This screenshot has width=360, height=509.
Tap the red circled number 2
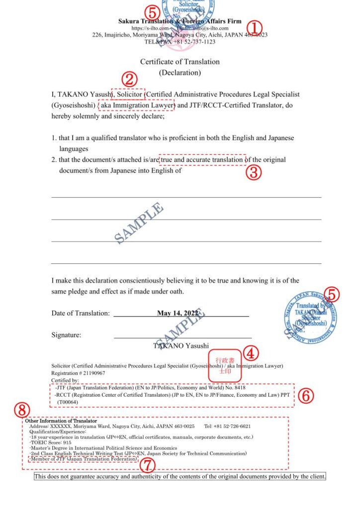[130, 79]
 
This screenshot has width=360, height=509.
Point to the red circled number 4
[252, 353]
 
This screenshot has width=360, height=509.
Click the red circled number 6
[307, 395]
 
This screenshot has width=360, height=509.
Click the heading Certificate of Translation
[180, 62]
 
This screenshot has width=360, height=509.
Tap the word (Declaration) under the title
[180, 73]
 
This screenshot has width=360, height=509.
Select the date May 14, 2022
[178, 313]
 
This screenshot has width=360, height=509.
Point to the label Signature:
[66, 335]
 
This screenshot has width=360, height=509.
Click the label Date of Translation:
[80, 313]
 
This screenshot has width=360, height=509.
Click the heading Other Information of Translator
[61, 421]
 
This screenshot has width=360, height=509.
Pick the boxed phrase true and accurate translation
[202, 160]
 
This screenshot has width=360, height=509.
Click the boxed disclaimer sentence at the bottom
[180, 477]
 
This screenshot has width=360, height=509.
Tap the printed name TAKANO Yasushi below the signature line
[181, 345]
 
